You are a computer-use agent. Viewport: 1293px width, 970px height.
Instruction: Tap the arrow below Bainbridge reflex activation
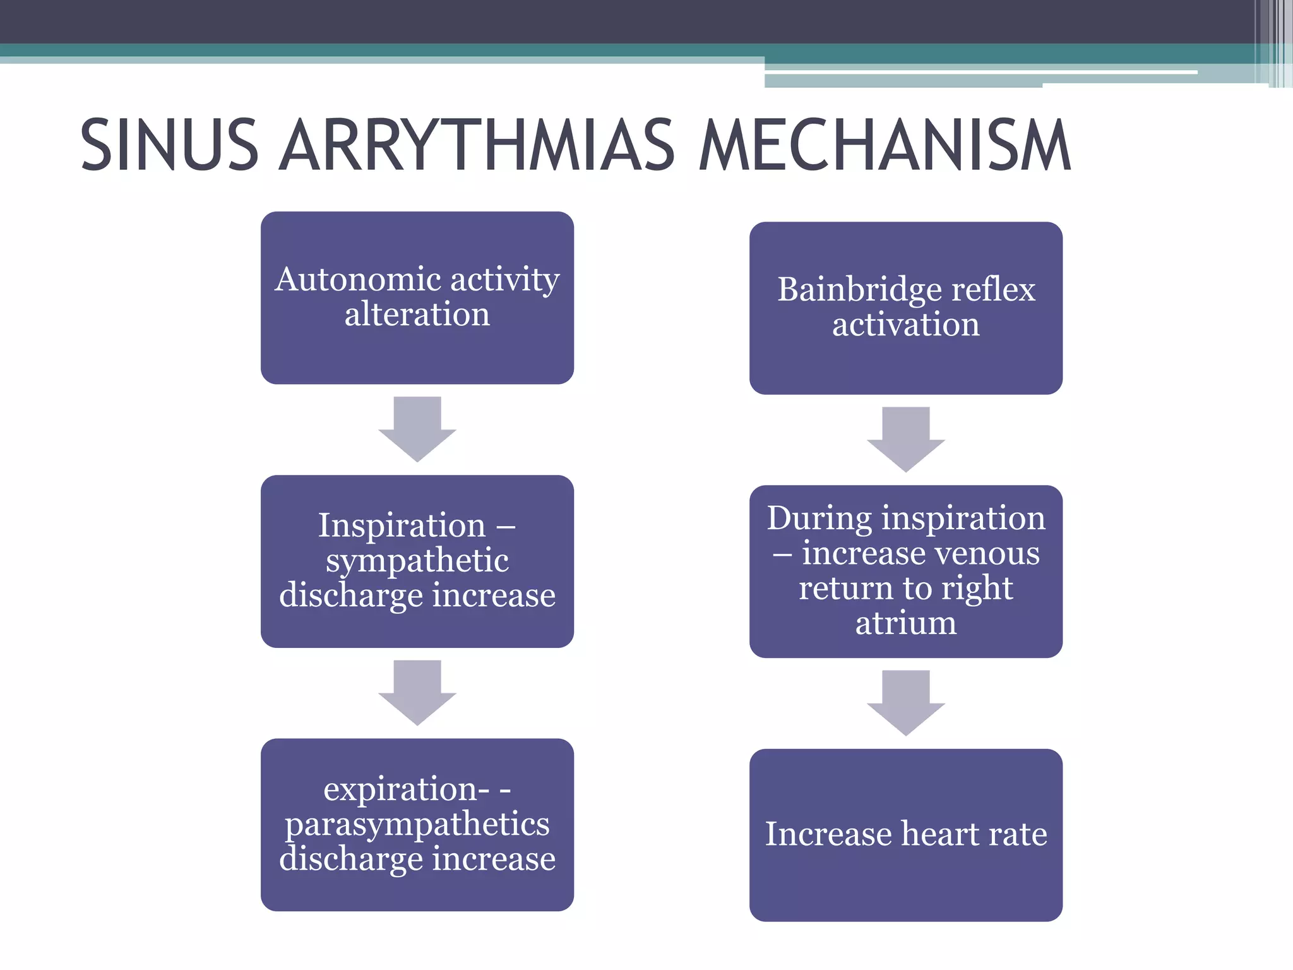coord(906,440)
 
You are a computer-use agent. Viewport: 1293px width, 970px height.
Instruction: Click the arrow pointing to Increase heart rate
coord(906,703)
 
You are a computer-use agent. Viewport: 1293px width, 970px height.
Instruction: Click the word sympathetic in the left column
coord(417,561)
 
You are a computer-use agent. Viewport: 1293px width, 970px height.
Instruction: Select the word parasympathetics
coord(417,824)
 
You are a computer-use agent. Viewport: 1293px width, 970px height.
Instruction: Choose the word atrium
coord(906,623)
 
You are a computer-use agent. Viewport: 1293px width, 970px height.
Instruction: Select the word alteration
coord(417,314)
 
